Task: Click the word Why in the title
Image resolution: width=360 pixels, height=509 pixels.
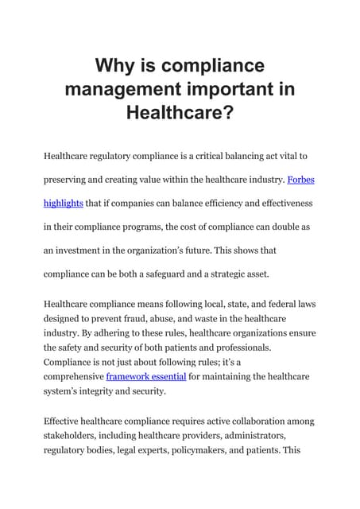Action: [113, 64]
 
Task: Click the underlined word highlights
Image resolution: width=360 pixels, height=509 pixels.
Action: [63, 203]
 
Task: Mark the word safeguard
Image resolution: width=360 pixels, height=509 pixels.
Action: [192, 273]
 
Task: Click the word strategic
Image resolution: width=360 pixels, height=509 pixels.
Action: [256, 273]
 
